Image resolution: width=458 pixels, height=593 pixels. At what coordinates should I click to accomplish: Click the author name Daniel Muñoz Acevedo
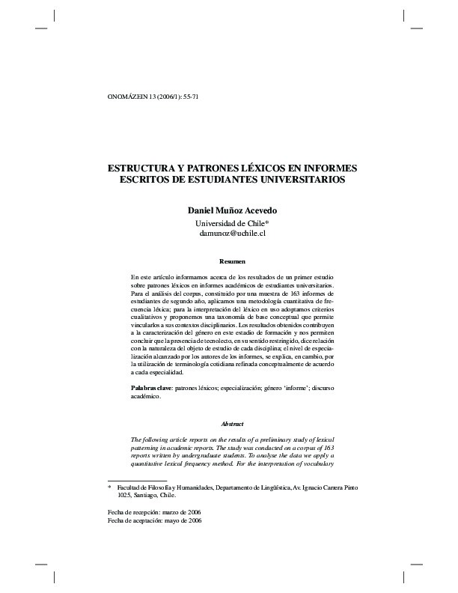233,210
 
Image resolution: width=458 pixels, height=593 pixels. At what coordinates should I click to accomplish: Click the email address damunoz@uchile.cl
233,234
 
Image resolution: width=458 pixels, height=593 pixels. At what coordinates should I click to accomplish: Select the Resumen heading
232,261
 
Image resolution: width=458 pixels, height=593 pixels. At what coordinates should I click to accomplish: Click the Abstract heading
232,424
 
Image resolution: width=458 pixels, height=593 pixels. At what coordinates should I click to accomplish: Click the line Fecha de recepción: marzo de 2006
155,512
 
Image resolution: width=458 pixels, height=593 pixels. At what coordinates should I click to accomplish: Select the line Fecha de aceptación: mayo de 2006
155,520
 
